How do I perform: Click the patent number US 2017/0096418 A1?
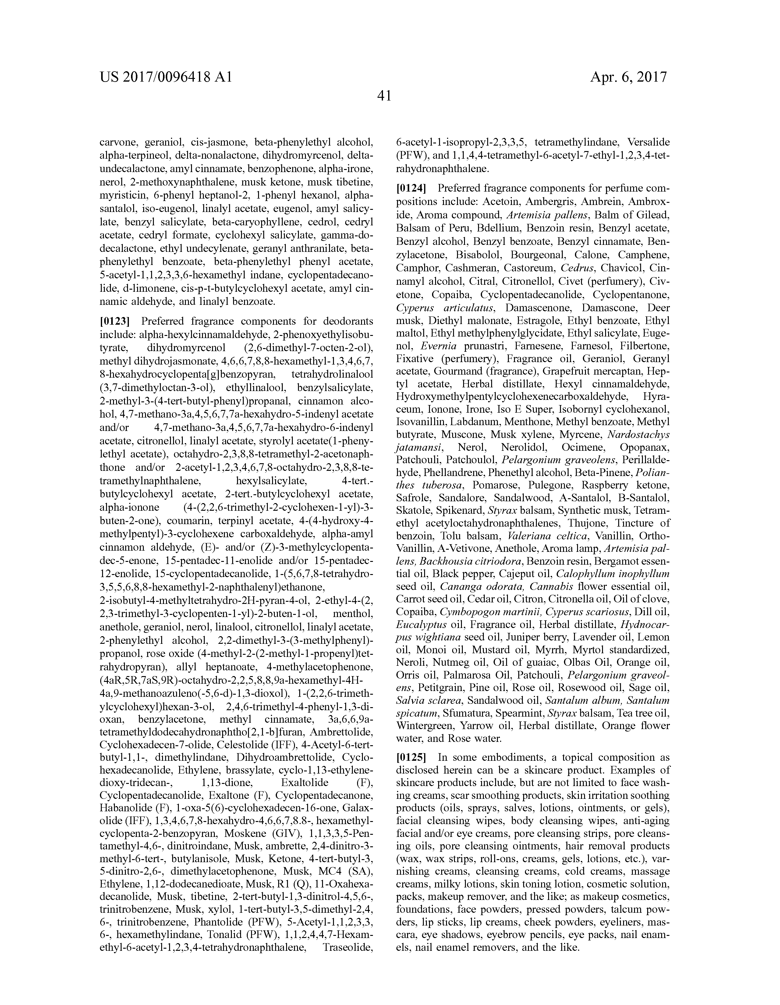165,77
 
